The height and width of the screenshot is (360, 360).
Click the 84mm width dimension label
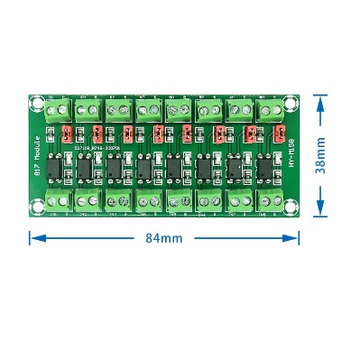pyautogui.click(x=163, y=238)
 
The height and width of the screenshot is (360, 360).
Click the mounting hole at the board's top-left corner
pyautogui.click(x=40, y=96)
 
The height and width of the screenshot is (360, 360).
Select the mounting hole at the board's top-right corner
pyautogui.click(x=290, y=97)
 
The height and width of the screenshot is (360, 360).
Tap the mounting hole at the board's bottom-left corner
pyautogui.click(x=39, y=208)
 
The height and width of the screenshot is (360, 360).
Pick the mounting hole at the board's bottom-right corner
pyautogui.click(x=290, y=208)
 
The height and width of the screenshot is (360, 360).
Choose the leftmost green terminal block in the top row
pyautogui.click(x=59, y=111)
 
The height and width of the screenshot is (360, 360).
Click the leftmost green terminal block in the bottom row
pyautogui.click(x=59, y=200)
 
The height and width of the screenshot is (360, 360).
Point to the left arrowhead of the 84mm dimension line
pyautogui.click(x=33, y=238)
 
